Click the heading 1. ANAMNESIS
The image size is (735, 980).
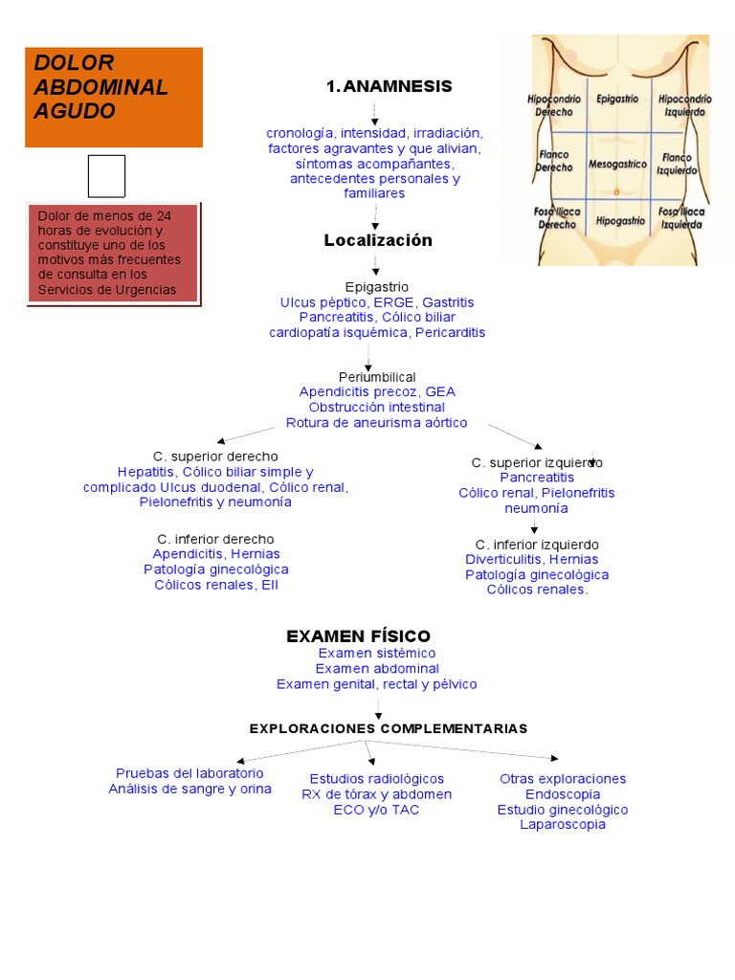tap(389, 86)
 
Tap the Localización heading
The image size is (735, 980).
tap(378, 240)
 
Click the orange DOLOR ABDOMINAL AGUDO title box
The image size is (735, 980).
tap(114, 98)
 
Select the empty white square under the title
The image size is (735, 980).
tap(106, 176)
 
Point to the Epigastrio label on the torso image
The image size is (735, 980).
tap(617, 99)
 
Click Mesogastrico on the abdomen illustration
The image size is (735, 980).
tap(617, 165)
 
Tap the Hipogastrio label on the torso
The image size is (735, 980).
tap(620, 221)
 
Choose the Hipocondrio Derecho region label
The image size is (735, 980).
tap(554, 105)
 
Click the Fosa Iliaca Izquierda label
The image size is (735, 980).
tap(681, 218)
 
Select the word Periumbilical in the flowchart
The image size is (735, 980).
tap(377, 377)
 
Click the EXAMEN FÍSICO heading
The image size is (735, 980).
tap(358, 636)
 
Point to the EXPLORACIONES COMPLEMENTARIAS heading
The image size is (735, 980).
tap(389, 728)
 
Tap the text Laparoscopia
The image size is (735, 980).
tap(563, 824)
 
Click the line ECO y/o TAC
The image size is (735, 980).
tap(376, 810)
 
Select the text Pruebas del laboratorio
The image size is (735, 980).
tap(189, 773)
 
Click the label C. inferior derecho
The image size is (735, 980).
tap(215, 539)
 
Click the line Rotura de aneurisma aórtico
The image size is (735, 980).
tap(376, 422)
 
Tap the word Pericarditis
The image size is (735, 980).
tap(450, 332)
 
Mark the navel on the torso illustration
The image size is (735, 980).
tap(616, 191)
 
